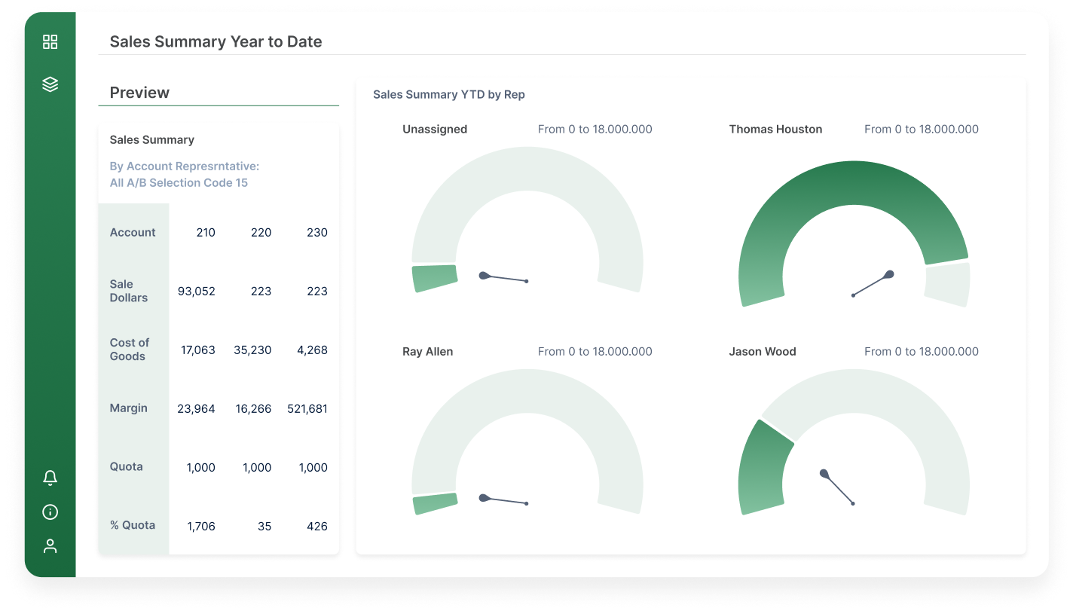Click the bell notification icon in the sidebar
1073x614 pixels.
pyautogui.click(x=50, y=478)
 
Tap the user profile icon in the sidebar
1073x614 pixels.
pyautogui.click(x=50, y=546)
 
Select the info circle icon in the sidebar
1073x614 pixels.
pyautogui.click(x=50, y=512)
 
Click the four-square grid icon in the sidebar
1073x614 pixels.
pyautogui.click(x=50, y=42)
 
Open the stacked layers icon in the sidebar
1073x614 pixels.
pyautogui.click(x=50, y=84)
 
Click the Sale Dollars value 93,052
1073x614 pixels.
pyautogui.click(x=197, y=292)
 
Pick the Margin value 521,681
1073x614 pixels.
pyautogui.click(x=307, y=409)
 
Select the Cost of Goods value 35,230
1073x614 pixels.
pyautogui.click(x=252, y=350)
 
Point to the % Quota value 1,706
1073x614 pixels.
pyautogui.click(x=200, y=527)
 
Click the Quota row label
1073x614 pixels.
pyautogui.click(x=127, y=467)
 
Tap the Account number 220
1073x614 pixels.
pyautogui.click(x=261, y=233)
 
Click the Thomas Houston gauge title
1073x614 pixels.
pyautogui.click(x=775, y=130)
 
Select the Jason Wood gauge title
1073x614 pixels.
pyautogui.click(x=763, y=352)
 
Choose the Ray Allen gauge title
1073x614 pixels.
pyautogui.click(x=428, y=352)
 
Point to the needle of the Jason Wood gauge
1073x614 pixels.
pyautogui.click(x=838, y=488)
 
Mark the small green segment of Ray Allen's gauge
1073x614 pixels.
pyautogui.click(x=436, y=504)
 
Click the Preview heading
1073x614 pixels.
pyautogui.click(x=140, y=93)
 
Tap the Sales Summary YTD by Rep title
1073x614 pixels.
pyautogui.click(x=449, y=95)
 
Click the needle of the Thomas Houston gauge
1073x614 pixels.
pyautogui.click(x=872, y=285)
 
